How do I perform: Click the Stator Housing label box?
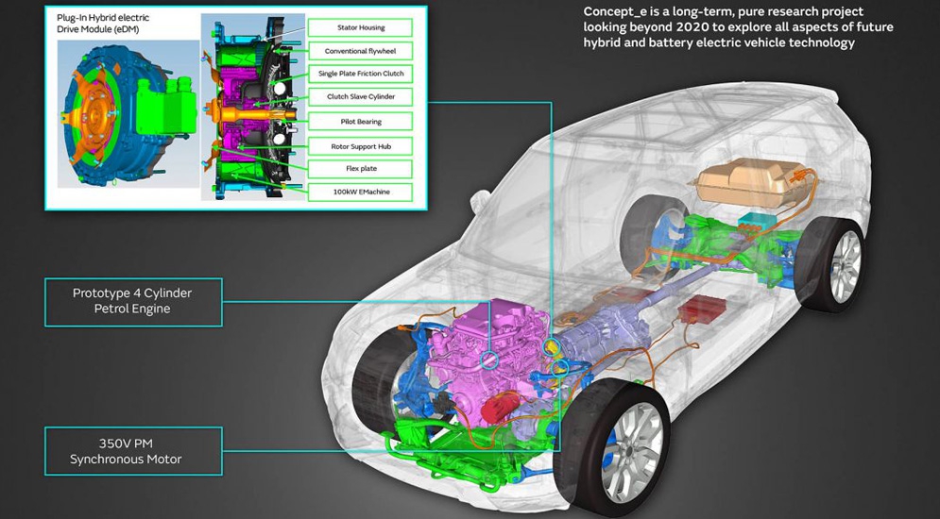point(360,27)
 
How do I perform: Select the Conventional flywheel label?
point(360,51)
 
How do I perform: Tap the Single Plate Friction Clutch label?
point(360,74)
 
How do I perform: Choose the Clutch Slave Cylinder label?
point(360,96)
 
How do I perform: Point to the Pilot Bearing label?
point(360,122)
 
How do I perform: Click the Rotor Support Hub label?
point(360,146)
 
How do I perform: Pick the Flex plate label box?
point(360,169)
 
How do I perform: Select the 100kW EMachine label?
point(360,193)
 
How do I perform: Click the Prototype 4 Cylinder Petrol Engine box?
point(133,302)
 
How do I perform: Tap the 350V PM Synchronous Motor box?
point(133,451)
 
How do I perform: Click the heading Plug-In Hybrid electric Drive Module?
point(103,24)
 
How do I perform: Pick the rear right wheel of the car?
point(831,264)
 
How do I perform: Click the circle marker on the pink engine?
point(488,360)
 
